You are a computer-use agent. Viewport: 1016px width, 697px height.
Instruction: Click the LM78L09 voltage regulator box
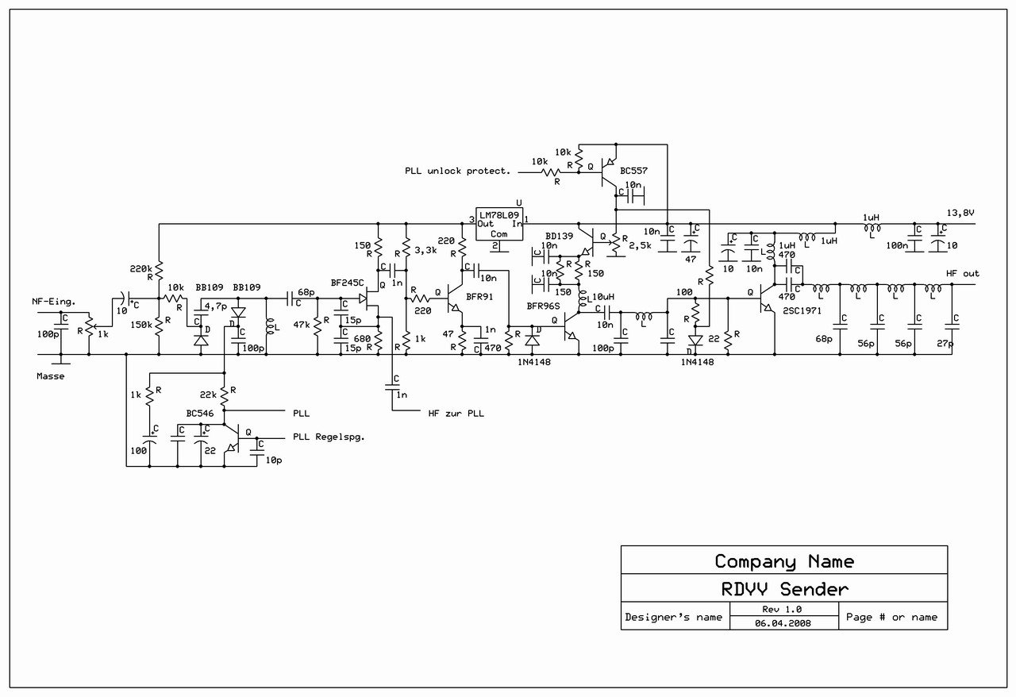pos(499,224)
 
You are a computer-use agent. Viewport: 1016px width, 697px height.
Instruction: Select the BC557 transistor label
pos(633,171)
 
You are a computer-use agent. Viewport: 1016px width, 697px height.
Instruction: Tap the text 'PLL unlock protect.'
pos(458,171)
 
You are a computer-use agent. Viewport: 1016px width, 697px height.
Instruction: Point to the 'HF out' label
pos(963,274)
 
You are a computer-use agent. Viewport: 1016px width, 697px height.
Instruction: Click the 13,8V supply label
pos(960,213)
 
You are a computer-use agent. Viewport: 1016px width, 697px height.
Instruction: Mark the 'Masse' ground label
pos(50,376)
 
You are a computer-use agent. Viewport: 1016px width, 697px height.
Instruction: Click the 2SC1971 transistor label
pos(802,311)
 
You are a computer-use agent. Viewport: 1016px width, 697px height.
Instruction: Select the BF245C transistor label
pos(347,283)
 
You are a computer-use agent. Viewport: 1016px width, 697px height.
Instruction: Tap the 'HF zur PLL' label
pos(456,414)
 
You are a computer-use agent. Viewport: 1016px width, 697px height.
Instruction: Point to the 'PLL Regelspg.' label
pos(329,437)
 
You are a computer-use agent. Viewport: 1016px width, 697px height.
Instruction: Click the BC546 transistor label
pos(199,414)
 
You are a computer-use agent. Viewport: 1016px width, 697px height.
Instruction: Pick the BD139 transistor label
pos(560,236)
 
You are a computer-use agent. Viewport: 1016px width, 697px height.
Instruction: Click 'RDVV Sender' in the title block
pos(785,589)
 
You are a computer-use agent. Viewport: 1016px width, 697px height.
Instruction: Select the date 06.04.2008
pos(783,623)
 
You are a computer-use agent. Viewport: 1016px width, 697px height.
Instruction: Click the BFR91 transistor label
pos(479,297)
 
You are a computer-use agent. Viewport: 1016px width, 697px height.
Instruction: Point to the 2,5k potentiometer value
pos(640,246)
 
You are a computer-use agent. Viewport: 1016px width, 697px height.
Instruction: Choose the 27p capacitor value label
pos(945,344)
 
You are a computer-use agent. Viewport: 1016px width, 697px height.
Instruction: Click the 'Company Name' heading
pos(785,562)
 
